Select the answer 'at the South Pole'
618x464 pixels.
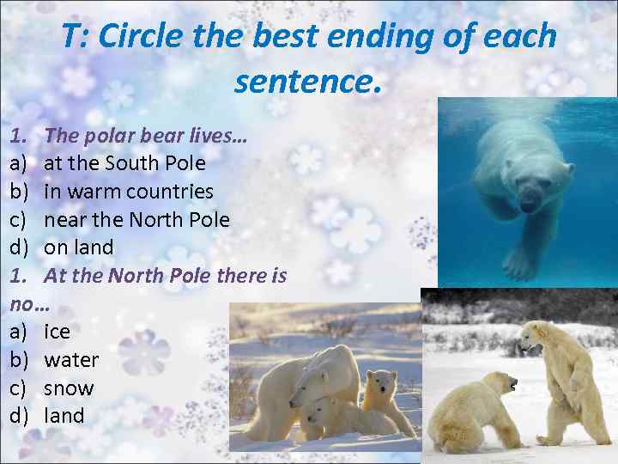click(x=124, y=162)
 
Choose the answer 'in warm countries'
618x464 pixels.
click(x=129, y=191)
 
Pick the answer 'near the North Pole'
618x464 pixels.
click(x=136, y=219)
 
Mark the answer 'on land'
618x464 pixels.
click(x=79, y=247)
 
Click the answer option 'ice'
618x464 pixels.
click(x=58, y=332)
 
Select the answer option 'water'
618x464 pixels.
click(x=71, y=360)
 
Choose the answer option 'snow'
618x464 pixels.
click(x=69, y=388)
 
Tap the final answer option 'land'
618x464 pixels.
click(x=64, y=417)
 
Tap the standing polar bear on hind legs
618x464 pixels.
click(x=562, y=378)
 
